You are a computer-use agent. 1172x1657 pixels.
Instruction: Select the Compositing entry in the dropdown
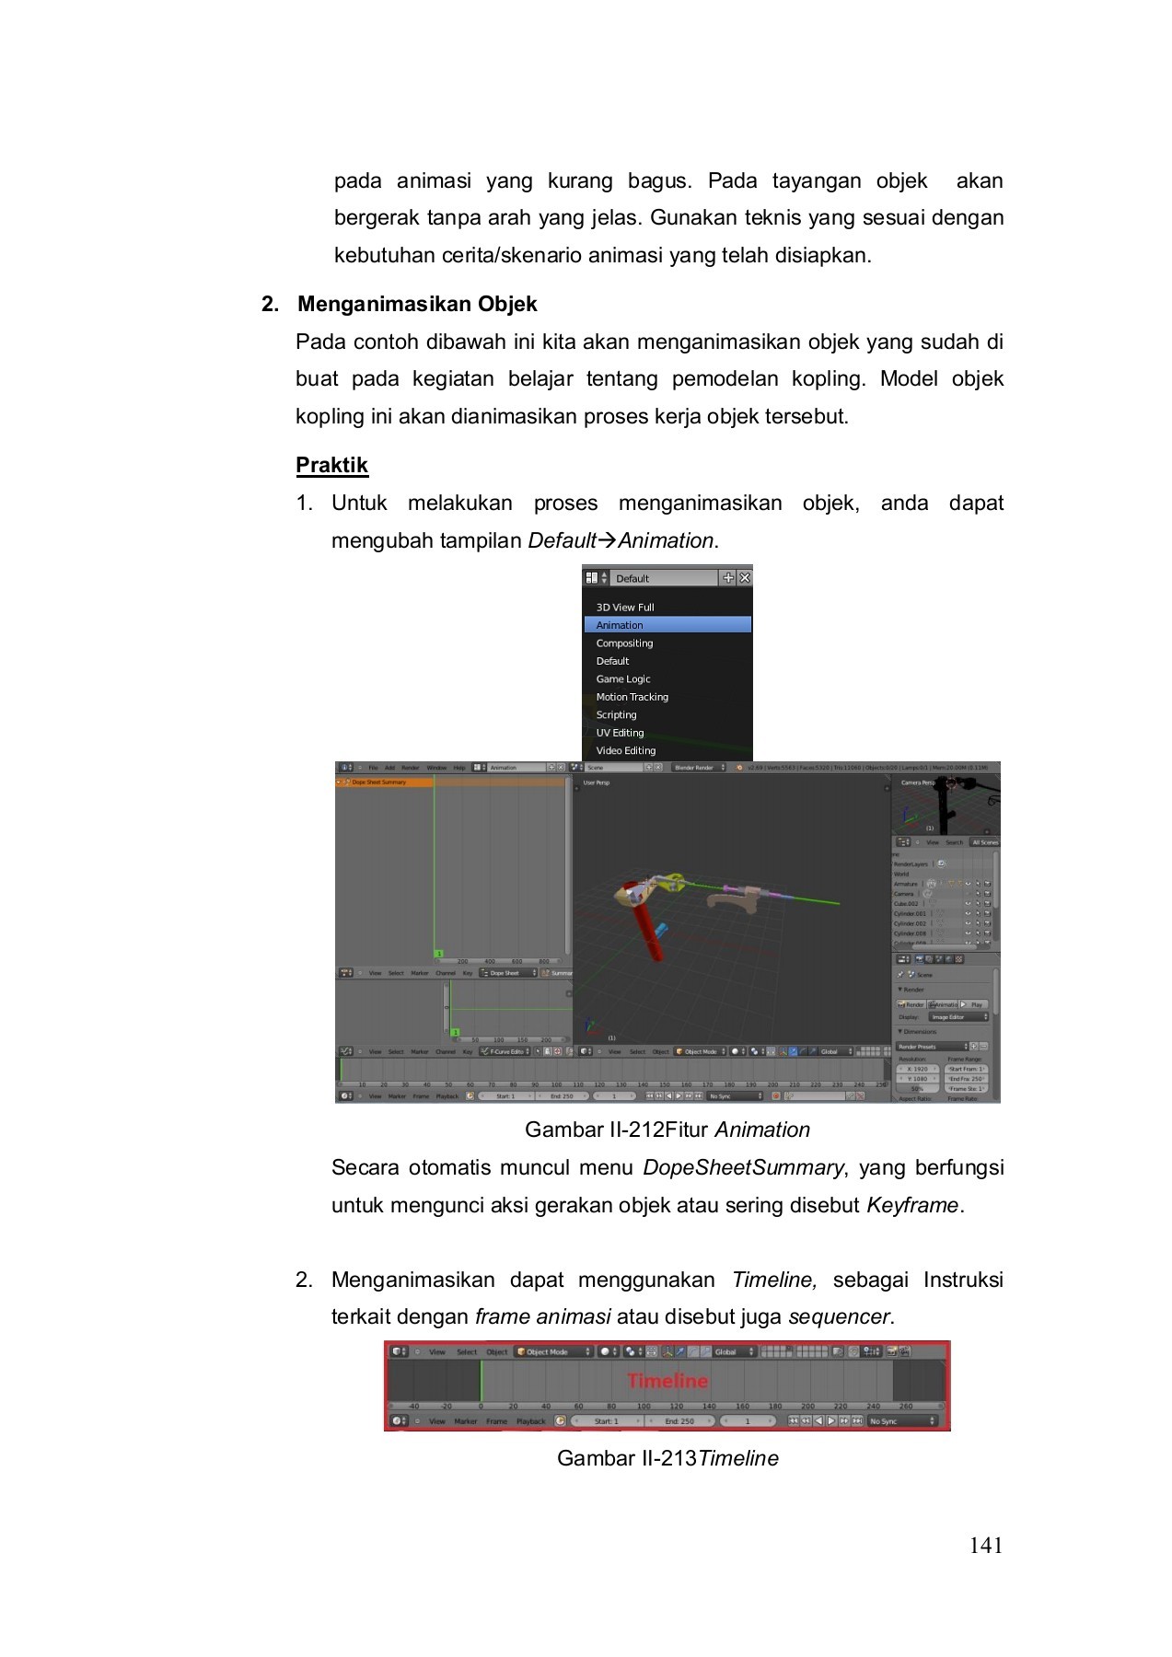[624, 643]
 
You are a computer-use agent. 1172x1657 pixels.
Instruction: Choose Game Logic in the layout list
[623, 679]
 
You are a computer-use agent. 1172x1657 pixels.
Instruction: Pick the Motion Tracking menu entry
[632, 697]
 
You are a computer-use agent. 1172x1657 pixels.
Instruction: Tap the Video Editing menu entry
[626, 751]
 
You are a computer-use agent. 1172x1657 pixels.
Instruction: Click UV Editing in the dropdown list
[620, 733]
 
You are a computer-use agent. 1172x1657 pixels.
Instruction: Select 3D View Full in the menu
[625, 608]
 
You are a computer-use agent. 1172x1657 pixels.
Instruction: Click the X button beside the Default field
[745, 578]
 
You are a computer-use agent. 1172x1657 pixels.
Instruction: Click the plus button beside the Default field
[728, 578]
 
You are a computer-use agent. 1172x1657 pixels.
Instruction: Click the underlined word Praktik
[331, 465]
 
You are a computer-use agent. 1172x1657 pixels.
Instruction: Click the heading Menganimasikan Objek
[417, 304]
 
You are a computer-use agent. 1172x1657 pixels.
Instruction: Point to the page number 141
[985, 1546]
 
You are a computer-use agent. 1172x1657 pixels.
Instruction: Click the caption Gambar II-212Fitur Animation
[667, 1130]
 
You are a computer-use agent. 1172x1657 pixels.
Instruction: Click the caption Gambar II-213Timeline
[667, 1458]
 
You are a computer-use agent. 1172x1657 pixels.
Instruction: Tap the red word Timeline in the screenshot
[667, 1381]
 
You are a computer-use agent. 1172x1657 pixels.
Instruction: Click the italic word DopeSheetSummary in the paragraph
[742, 1167]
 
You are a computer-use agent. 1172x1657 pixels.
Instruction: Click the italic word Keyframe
[911, 1205]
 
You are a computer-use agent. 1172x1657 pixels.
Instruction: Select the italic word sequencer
[839, 1316]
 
